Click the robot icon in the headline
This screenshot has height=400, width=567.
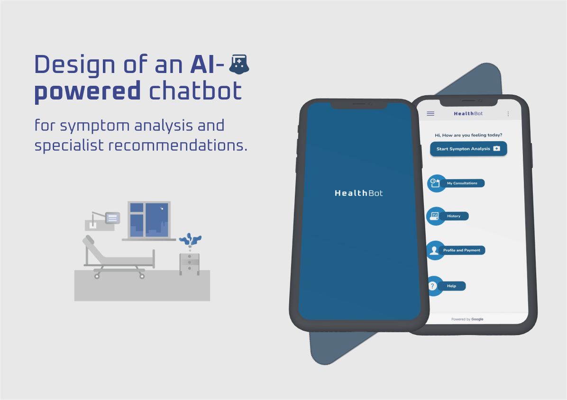tap(239, 65)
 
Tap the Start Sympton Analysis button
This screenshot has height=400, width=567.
tap(468, 149)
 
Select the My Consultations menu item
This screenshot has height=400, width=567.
tap(462, 183)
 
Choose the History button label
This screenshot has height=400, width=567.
tap(454, 216)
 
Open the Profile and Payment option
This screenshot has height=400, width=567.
tap(462, 250)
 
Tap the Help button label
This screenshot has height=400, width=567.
tap(451, 286)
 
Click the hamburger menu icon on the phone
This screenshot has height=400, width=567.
tap(430, 114)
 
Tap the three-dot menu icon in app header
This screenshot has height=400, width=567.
tap(508, 114)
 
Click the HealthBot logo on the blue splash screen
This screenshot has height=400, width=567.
tap(358, 193)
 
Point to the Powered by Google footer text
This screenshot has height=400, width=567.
tap(467, 319)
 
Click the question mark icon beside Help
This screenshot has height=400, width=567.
tap(432, 286)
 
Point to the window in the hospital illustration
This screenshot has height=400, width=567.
tap(149, 219)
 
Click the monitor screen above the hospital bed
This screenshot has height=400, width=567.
tap(112, 218)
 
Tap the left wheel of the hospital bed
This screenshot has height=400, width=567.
tap(97, 276)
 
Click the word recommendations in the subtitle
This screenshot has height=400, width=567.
tap(178, 145)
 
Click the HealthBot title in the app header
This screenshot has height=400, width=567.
tap(468, 114)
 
